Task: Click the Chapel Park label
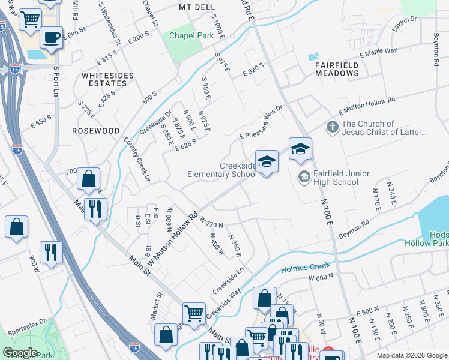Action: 191,36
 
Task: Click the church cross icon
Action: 332,127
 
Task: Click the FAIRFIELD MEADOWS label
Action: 337,69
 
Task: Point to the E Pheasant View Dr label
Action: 260,123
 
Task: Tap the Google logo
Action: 20,353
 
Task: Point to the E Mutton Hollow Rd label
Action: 367,106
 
